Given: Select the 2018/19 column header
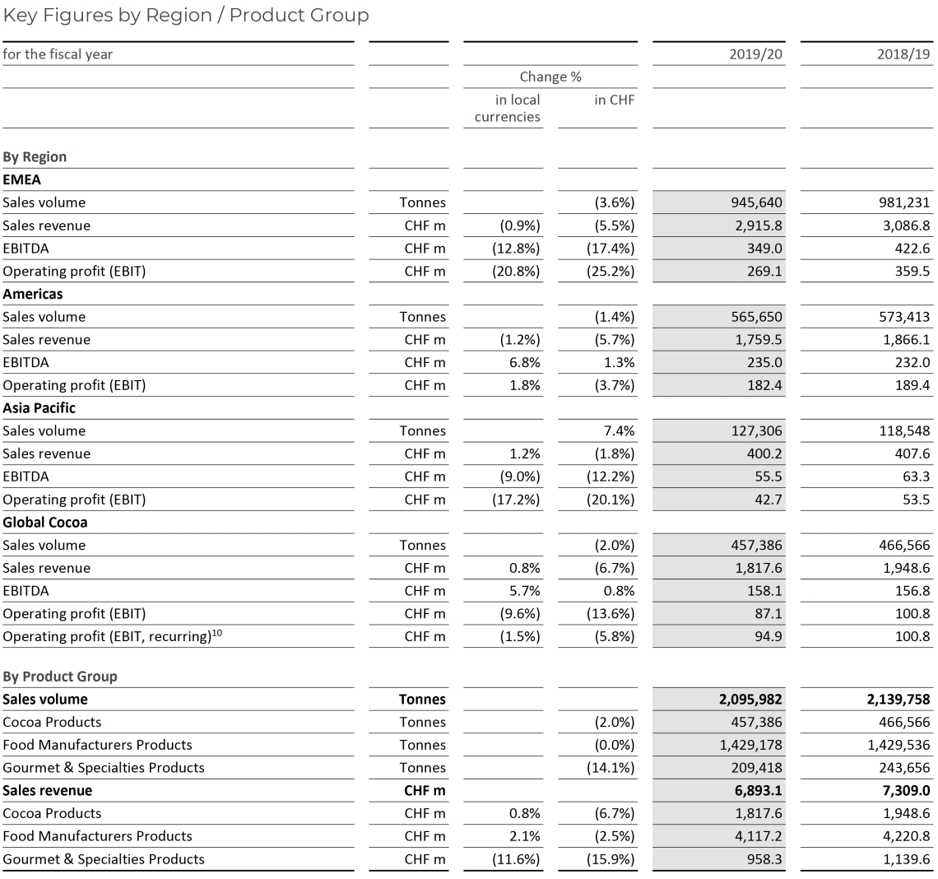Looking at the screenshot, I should point(904,54).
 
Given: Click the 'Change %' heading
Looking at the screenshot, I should point(550,77).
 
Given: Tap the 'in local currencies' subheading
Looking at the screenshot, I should point(508,108).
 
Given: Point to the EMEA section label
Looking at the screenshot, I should point(21,179).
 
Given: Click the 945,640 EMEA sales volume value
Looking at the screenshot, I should point(755,202).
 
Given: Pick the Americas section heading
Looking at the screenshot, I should point(32,294).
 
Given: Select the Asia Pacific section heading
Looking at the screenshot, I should point(39,407).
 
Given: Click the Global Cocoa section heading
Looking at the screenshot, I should point(44,522).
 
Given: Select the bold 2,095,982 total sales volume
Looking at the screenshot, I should point(749,700).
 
